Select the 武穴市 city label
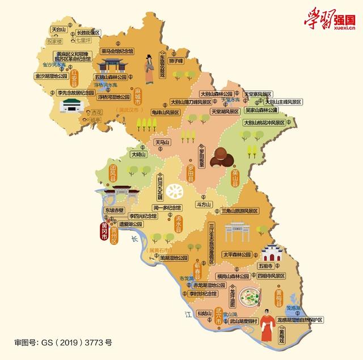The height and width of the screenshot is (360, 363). pyautogui.click(x=219, y=314)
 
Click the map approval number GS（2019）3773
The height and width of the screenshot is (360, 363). pyautogui.click(x=63, y=342)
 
